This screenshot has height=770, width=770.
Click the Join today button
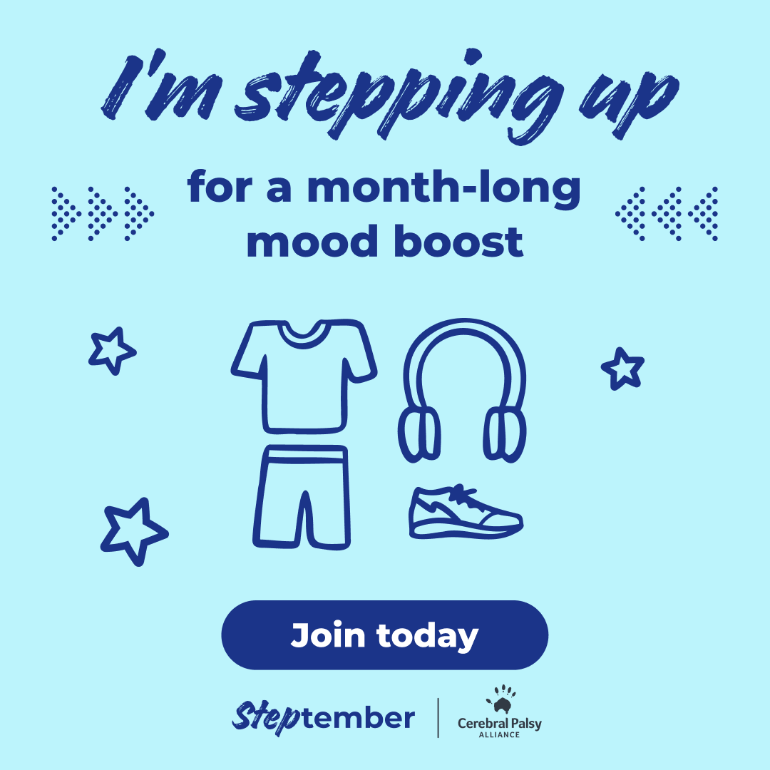[384, 635]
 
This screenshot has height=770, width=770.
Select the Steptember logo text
[323, 718]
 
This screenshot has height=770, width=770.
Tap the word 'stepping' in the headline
[399, 93]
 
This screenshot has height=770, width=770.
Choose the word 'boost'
[458, 241]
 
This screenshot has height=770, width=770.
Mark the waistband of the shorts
[304, 454]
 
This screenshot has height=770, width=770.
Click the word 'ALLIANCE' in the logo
[499, 734]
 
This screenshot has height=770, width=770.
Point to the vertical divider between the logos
[438, 717]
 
